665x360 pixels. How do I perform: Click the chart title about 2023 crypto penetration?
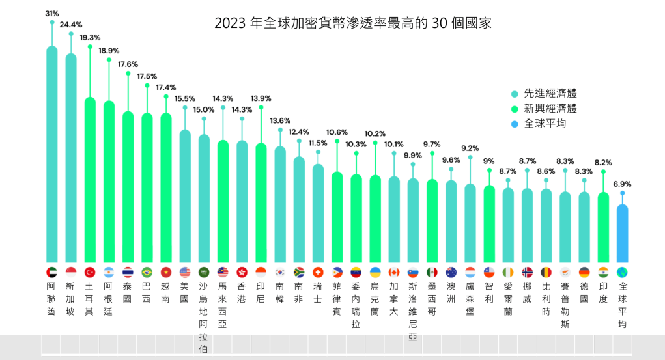pyautogui.click(x=352, y=23)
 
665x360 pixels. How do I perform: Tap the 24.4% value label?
pyautogui.click(x=71, y=25)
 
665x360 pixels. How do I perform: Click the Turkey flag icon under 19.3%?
pyautogui.click(x=90, y=272)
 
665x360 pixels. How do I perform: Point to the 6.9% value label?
pyautogui.click(x=623, y=184)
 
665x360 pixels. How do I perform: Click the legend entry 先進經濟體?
pyautogui.click(x=550, y=94)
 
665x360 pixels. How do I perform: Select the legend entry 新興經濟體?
pyautogui.click(x=550, y=109)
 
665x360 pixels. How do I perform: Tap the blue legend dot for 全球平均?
pyautogui.click(x=515, y=124)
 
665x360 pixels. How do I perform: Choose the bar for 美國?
pyautogui.click(x=185, y=195)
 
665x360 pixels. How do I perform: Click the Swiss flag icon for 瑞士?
pyautogui.click(x=318, y=272)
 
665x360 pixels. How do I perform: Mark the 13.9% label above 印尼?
pyautogui.click(x=261, y=98)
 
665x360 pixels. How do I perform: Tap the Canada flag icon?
pyautogui.click(x=394, y=272)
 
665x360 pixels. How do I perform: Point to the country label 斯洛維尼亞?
pyautogui.click(x=413, y=311)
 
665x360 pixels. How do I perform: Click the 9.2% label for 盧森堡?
pyautogui.click(x=470, y=148)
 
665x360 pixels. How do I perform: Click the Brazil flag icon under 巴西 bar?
pyautogui.click(x=147, y=272)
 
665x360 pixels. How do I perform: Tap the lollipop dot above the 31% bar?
pyautogui.click(x=52, y=22)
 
